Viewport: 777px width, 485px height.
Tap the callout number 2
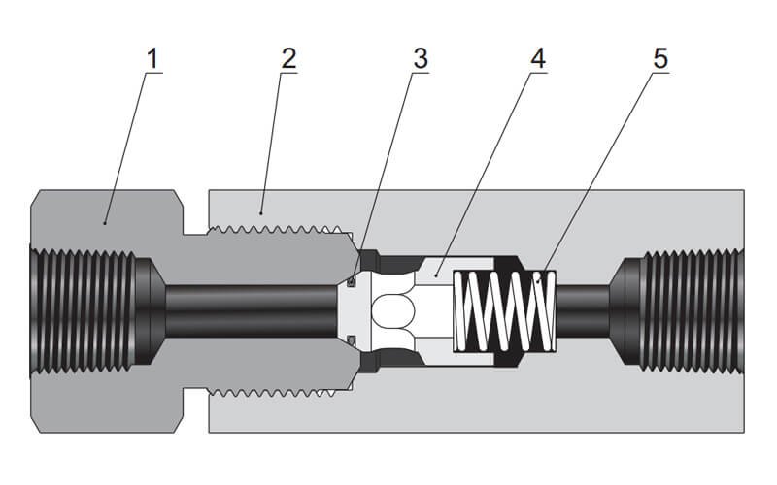click(287, 58)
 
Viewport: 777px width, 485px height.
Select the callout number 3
click(420, 58)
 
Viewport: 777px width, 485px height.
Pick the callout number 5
click(660, 58)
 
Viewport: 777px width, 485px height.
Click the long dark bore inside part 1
click(253, 309)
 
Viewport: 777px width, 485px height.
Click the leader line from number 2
click(274, 136)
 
